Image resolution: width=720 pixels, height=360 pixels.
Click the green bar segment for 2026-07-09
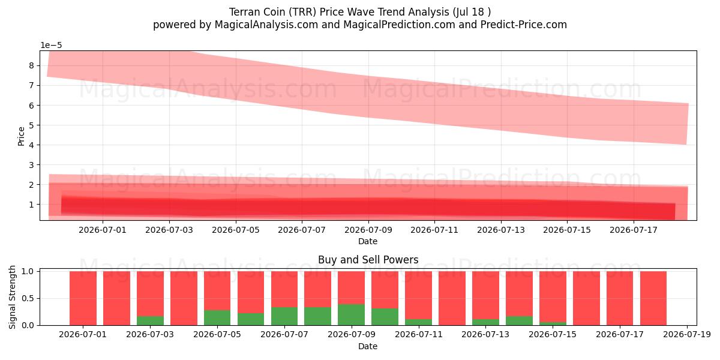point(352,314)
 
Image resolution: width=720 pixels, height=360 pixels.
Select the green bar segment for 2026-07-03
point(150,321)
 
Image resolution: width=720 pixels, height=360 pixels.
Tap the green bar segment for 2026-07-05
point(217,317)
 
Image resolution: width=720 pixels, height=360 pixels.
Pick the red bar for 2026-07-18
point(653,298)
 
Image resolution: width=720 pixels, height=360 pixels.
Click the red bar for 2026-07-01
point(83,298)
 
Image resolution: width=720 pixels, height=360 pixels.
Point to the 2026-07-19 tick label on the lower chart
point(687,335)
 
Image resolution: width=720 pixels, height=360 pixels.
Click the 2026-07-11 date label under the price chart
point(434,230)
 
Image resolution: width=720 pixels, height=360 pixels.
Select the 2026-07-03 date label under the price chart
point(169,230)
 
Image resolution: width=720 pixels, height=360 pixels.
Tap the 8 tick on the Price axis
point(31,65)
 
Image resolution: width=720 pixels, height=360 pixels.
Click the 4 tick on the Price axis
point(31,145)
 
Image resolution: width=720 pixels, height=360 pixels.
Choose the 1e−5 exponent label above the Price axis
point(51,46)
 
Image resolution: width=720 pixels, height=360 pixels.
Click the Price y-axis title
point(21,136)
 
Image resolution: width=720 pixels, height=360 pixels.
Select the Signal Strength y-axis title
point(12,298)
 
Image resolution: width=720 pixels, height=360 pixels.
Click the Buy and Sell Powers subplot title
point(368,260)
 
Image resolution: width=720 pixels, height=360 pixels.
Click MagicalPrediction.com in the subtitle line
point(399,25)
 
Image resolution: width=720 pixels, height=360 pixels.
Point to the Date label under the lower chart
point(368,346)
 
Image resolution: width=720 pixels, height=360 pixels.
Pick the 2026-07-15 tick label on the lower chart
point(553,335)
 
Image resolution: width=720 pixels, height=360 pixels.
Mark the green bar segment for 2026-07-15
point(553,323)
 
